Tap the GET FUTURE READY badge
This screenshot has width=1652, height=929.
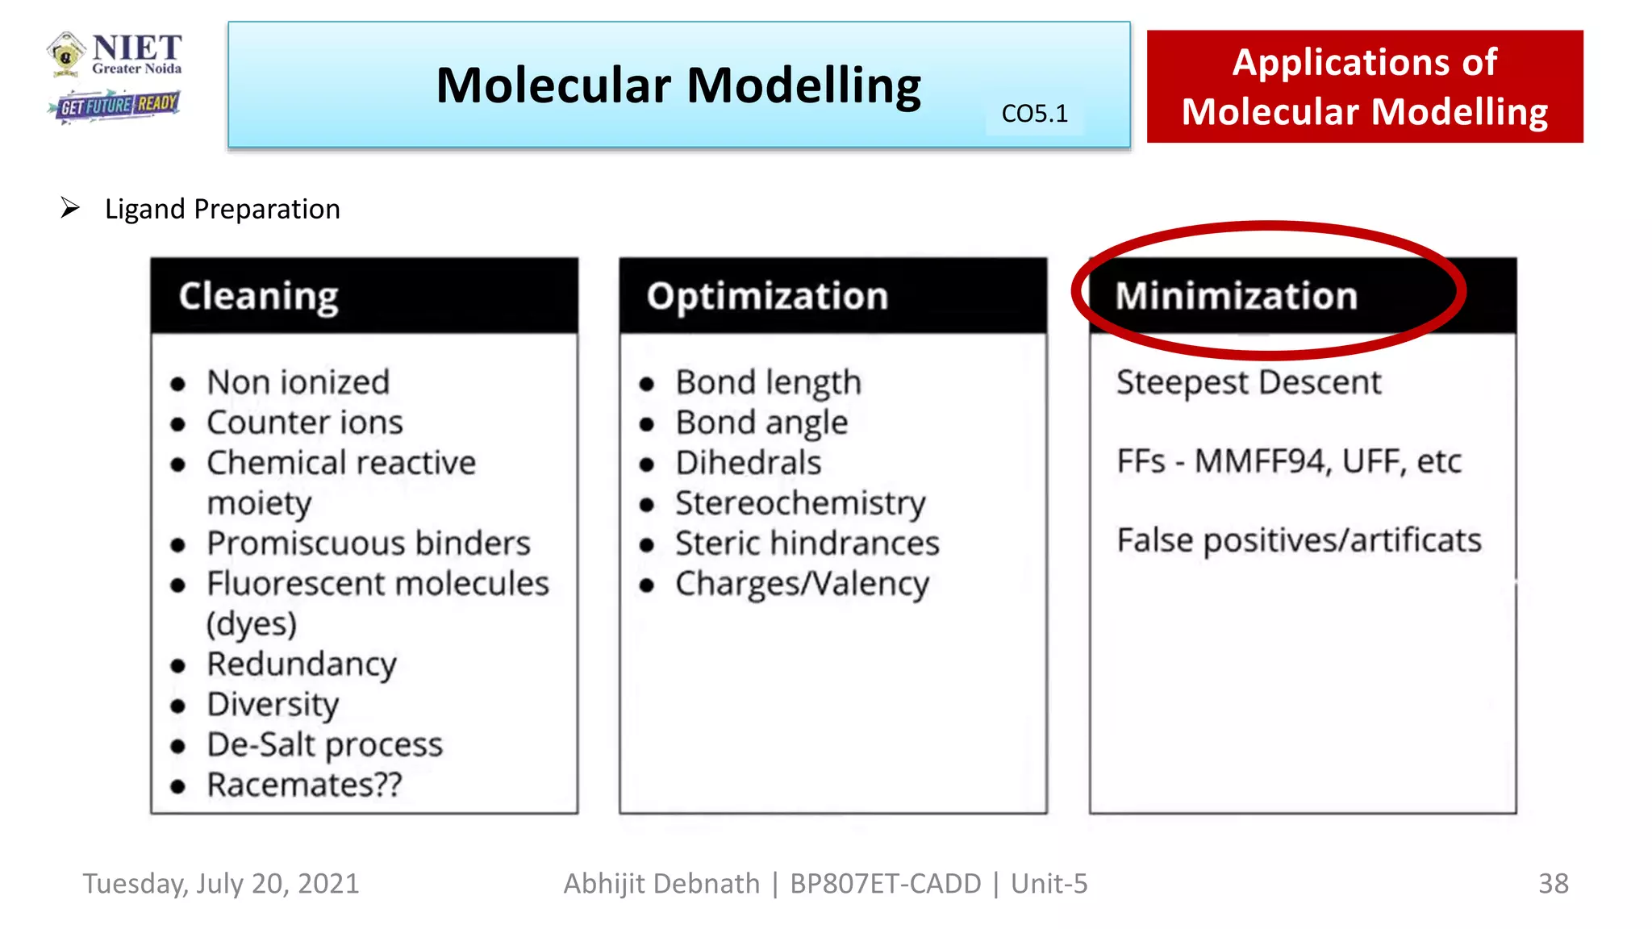tap(115, 106)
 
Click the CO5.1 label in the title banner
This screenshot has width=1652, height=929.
tap(1034, 114)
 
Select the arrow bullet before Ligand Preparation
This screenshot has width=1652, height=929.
tap(70, 208)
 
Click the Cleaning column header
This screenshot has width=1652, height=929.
tap(258, 296)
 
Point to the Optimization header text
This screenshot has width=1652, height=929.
tap(767, 296)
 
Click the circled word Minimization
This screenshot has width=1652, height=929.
tap(1236, 296)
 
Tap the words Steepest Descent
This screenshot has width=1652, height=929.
tap(1248, 382)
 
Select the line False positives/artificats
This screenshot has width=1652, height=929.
tap(1299, 540)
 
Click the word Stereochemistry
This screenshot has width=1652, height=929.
tap(800, 503)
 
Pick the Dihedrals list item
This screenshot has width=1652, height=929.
tap(749, 463)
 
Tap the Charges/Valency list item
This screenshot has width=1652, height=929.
tap(802, 584)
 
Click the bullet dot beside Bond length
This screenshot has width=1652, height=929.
tap(647, 384)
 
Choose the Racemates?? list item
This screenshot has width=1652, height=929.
tap(304, 785)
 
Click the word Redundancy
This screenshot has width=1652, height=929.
tap(302, 664)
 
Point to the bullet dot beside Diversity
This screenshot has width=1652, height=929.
tap(178, 706)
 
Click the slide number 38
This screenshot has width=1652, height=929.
tap(1553, 884)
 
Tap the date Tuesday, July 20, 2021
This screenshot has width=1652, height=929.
tap(221, 884)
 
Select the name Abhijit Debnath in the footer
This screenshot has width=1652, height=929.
tap(661, 884)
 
